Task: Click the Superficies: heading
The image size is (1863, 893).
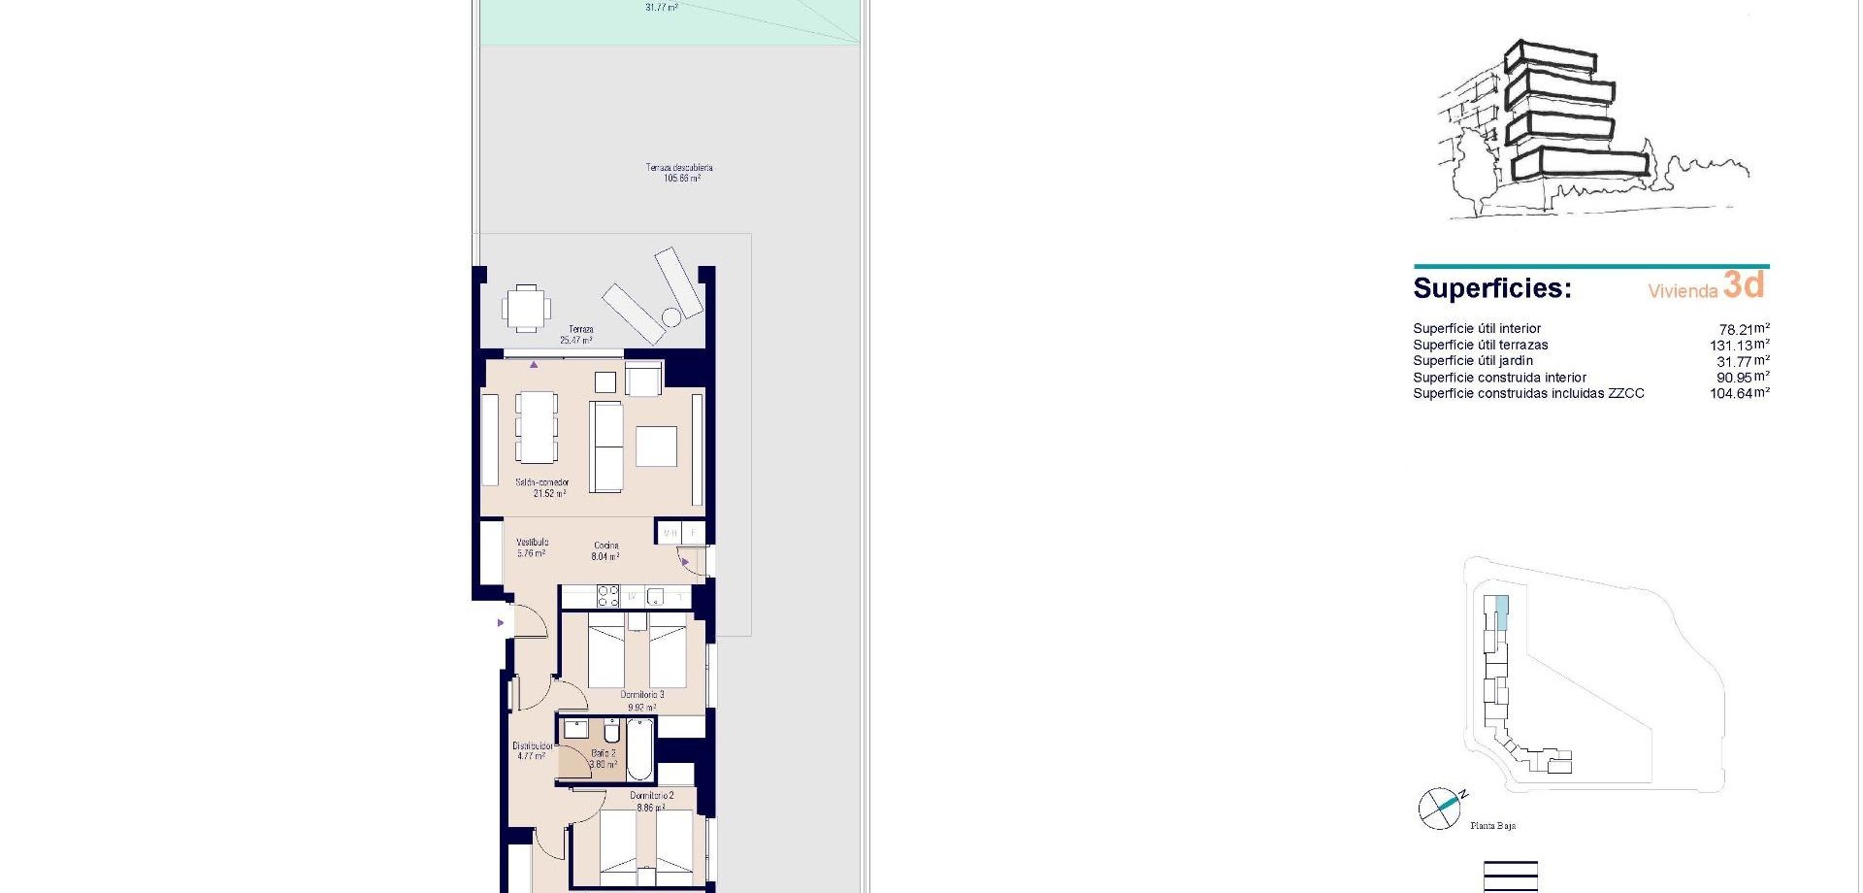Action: (1491, 289)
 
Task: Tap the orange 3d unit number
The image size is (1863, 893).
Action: (1744, 284)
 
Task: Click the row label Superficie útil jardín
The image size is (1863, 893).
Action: (1473, 361)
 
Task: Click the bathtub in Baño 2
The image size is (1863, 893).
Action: (639, 750)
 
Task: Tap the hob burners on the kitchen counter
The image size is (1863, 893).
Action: (608, 595)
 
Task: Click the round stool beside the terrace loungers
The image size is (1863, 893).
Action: (671, 317)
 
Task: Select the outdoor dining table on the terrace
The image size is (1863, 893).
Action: (525, 309)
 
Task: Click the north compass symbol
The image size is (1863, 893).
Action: (1439, 808)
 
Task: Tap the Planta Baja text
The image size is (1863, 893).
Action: (1492, 826)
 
